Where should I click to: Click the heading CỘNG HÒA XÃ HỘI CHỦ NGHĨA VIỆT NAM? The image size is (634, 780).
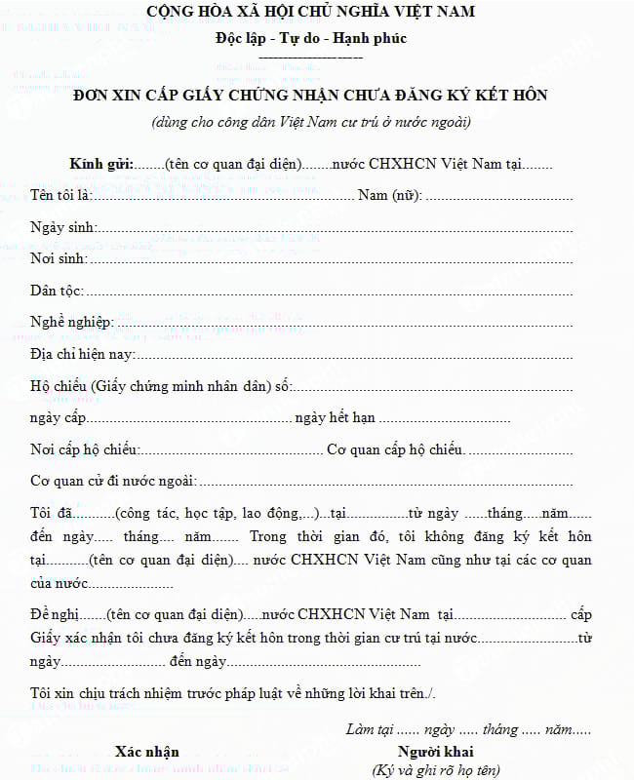pos(311,13)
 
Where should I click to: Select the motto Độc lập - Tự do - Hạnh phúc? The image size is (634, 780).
pos(311,39)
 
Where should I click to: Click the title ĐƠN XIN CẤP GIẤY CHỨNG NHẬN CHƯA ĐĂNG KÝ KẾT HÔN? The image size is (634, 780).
pos(311,96)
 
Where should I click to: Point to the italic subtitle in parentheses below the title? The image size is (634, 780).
pos(311,123)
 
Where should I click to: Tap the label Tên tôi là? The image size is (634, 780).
pos(60,196)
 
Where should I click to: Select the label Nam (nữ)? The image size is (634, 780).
pos(389,196)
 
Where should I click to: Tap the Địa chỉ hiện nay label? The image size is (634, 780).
pos(83,355)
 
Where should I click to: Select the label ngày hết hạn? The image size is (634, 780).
pos(335,418)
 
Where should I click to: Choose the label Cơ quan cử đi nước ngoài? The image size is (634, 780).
pos(113,482)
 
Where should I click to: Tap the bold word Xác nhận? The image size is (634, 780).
pos(146,752)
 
